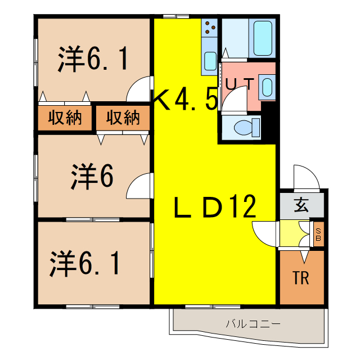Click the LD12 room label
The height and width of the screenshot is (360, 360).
coord(214,208)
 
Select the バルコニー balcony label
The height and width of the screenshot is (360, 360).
coord(253,324)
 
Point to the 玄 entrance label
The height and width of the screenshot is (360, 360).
coord(301,205)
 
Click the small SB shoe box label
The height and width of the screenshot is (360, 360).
coord(318,235)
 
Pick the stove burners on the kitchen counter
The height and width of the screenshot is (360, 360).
coord(210,26)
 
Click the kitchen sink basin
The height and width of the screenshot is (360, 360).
coord(210,60)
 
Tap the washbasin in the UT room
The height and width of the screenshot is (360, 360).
coord(267,87)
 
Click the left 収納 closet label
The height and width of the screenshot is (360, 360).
coord(64,118)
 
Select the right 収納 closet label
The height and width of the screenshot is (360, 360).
coord(122,118)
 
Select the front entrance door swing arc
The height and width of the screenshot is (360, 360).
coord(307,177)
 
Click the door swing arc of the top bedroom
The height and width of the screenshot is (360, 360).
coord(139,90)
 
